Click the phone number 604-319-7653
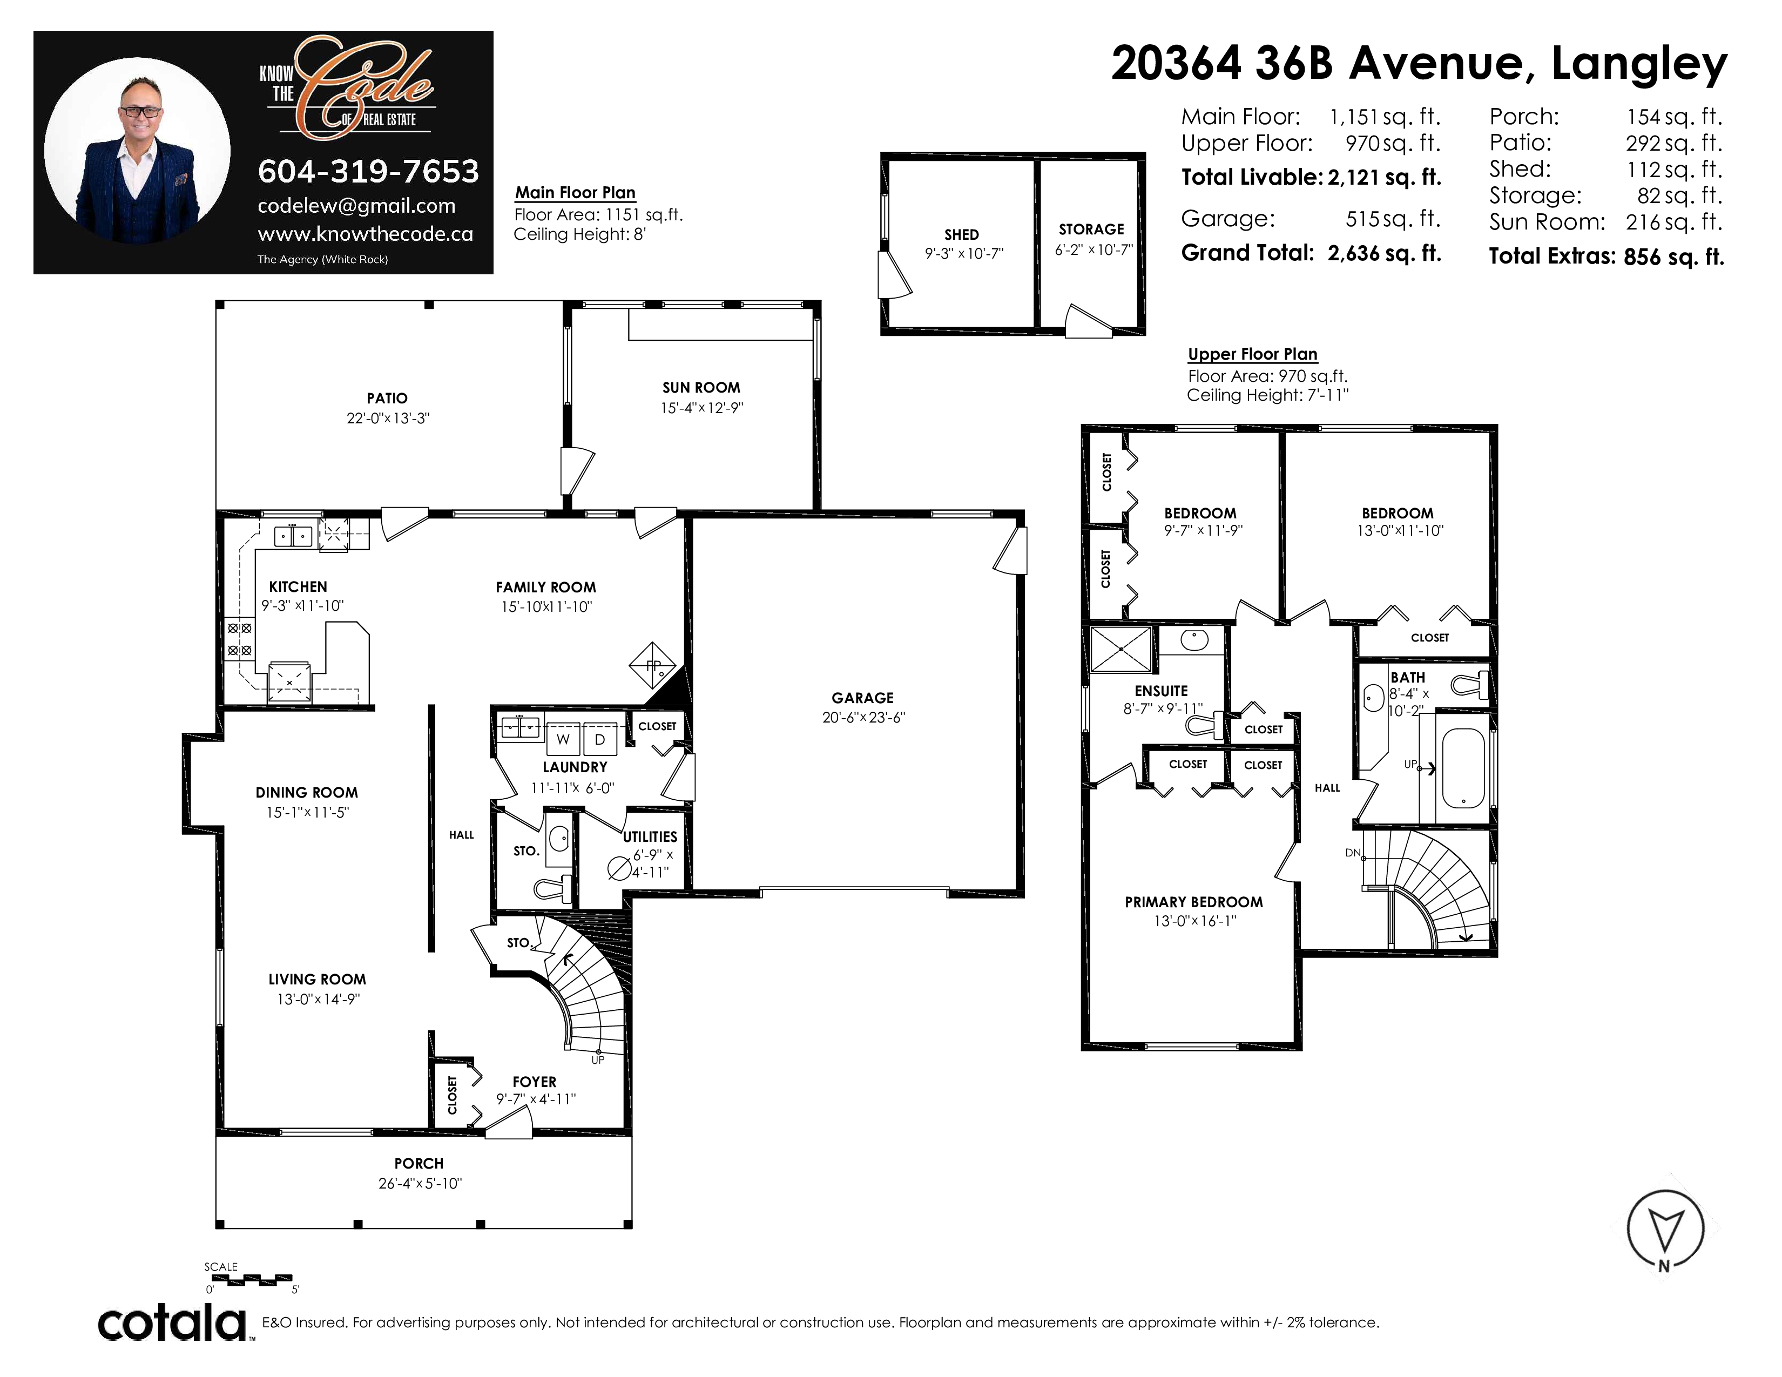[368, 171]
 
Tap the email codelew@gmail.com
[356, 206]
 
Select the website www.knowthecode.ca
[366, 234]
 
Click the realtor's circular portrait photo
[137, 150]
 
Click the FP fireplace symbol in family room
[653, 665]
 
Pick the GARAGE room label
[862, 698]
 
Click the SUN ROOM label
[701, 388]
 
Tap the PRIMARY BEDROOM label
[1194, 901]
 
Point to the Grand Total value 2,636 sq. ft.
[1385, 253]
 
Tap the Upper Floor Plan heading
[1252, 354]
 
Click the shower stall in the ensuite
[1121, 649]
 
